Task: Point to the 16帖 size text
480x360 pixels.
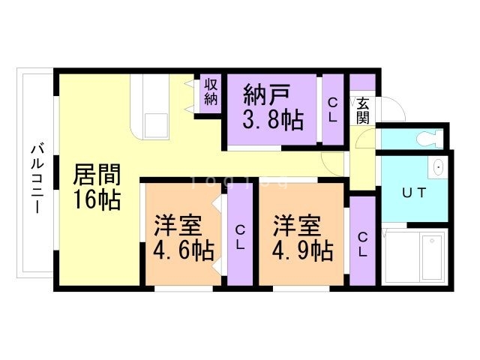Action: (x=97, y=200)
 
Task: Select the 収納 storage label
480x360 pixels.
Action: (x=211, y=92)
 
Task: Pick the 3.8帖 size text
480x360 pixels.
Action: (x=271, y=121)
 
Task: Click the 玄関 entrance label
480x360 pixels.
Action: (x=363, y=110)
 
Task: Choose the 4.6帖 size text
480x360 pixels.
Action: (x=183, y=250)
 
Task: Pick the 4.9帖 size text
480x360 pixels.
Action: (x=303, y=250)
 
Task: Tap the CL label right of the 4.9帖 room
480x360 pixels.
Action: (x=362, y=244)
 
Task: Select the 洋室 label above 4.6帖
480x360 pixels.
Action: (x=180, y=224)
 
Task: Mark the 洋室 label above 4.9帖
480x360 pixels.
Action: (x=297, y=224)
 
